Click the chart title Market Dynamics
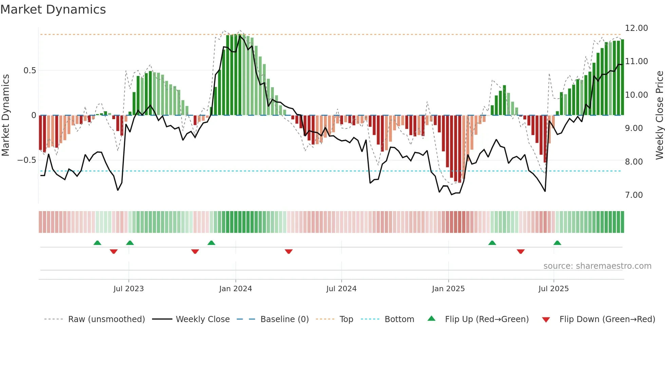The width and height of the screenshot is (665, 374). pos(53,10)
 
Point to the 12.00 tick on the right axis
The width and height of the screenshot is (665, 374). pos(636,28)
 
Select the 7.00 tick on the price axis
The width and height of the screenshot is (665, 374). pos(634,195)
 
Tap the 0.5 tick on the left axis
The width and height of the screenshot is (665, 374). pos(30,71)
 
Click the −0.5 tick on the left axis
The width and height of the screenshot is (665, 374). pos(27,160)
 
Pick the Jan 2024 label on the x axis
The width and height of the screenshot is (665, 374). pos(235,289)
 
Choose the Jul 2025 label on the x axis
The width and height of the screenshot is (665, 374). pos(553,289)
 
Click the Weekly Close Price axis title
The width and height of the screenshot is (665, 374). pos(659,115)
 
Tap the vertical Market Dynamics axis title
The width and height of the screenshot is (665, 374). pos(5,115)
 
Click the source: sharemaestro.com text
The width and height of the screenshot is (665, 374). pos(597,266)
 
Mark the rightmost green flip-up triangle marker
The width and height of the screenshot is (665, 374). pos(557,243)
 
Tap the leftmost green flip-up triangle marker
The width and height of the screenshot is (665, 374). pos(97,243)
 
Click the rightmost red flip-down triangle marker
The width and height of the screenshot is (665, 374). pos(520,251)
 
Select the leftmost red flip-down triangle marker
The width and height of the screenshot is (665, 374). pos(114,251)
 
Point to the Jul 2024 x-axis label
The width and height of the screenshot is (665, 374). pos(341,289)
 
